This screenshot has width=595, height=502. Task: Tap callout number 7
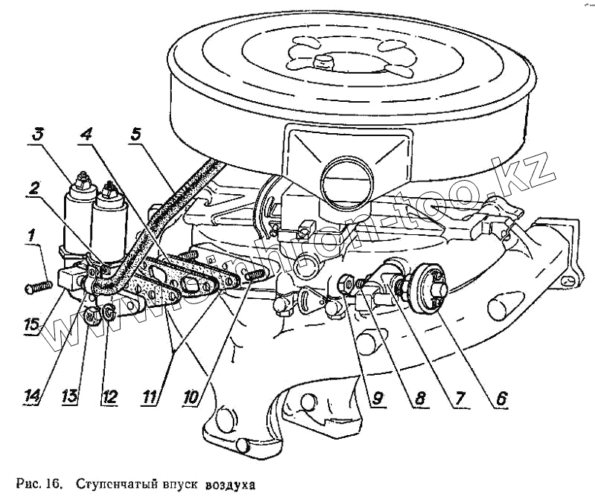coord(460,398)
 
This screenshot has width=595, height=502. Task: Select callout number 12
coord(110,398)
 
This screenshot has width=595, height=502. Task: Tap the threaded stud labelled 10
coord(253,274)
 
